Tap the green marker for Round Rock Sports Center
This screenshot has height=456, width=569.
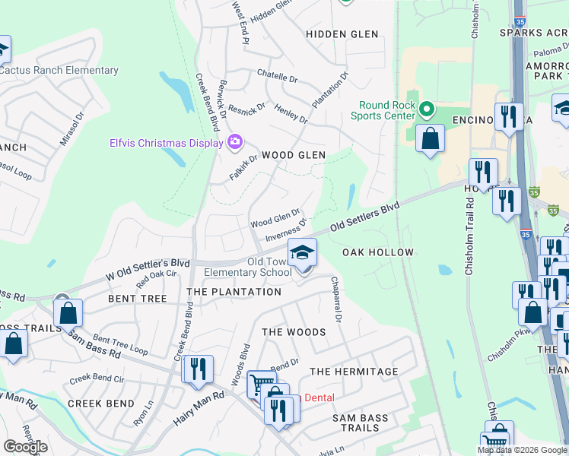(426, 111)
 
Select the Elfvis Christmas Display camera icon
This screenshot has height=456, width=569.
(235, 141)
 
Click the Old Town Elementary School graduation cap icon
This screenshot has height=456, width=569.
(302, 252)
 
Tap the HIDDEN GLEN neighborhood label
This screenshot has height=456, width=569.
(342, 34)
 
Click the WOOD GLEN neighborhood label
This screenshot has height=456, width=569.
(294, 155)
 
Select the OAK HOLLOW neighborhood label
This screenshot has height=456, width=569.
(377, 252)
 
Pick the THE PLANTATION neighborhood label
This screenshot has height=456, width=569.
(234, 292)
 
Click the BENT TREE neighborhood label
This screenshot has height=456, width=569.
(138, 299)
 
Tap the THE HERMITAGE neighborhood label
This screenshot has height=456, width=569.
(354, 372)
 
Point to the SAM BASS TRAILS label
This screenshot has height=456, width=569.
(360, 423)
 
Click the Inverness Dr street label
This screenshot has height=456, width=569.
(286, 231)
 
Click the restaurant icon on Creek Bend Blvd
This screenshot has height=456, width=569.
(198, 370)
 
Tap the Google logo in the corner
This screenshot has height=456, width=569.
(25, 447)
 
